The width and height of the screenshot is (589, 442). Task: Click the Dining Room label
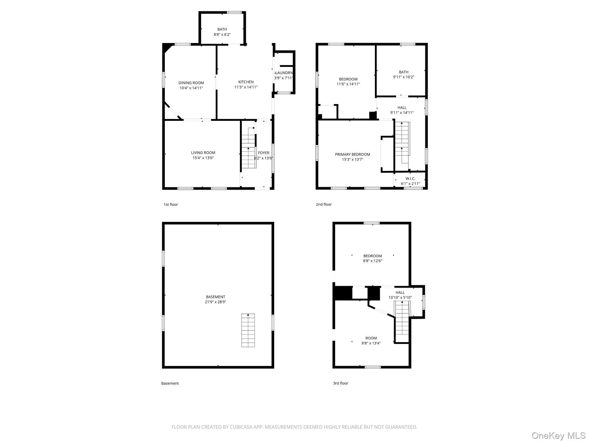191,83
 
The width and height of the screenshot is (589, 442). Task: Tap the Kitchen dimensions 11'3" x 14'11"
246,87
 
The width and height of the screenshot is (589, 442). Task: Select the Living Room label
203,153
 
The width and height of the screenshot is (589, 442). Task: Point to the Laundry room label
284,73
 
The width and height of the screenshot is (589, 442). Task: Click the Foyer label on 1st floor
264,153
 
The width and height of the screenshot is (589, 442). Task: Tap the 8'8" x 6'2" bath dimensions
222,34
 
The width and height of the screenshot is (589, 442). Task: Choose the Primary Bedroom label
353,154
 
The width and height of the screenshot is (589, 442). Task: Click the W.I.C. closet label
411,179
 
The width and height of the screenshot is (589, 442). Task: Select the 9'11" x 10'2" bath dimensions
404,77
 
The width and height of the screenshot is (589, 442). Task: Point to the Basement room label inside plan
216,297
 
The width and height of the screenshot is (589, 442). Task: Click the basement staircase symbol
248,330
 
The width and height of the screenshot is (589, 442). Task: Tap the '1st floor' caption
171,204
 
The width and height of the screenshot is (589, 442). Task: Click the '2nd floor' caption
324,204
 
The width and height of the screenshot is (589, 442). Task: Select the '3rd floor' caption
340,383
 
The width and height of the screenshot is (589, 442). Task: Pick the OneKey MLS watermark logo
559,436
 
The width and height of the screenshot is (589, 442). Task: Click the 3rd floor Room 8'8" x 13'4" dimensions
371,343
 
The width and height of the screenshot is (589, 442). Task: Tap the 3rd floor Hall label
400,293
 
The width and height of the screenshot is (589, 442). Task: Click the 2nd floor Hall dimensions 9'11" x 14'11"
402,113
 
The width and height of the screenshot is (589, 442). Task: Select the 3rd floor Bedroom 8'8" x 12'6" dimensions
373,261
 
